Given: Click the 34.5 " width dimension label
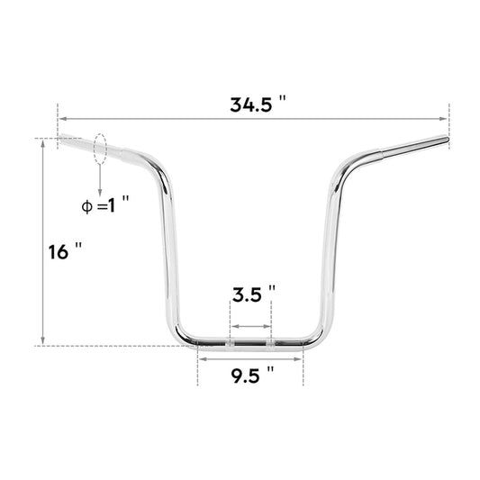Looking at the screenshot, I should pyautogui.click(x=257, y=104).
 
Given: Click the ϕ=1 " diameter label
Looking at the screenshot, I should pyautogui.click(x=105, y=205).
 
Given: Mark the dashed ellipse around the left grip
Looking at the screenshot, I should pyautogui.click(x=100, y=149).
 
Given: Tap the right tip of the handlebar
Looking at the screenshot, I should pyautogui.click(x=443, y=140).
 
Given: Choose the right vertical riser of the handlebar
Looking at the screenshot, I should pyautogui.click(x=329, y=252).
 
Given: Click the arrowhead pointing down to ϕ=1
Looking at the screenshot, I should pyautogui.click(x=100, y=187).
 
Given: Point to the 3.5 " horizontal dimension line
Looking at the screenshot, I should pyautogui.click(x=250, y=325).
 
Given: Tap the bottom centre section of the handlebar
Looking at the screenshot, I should pyautogui.click(x=250, y=342).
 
